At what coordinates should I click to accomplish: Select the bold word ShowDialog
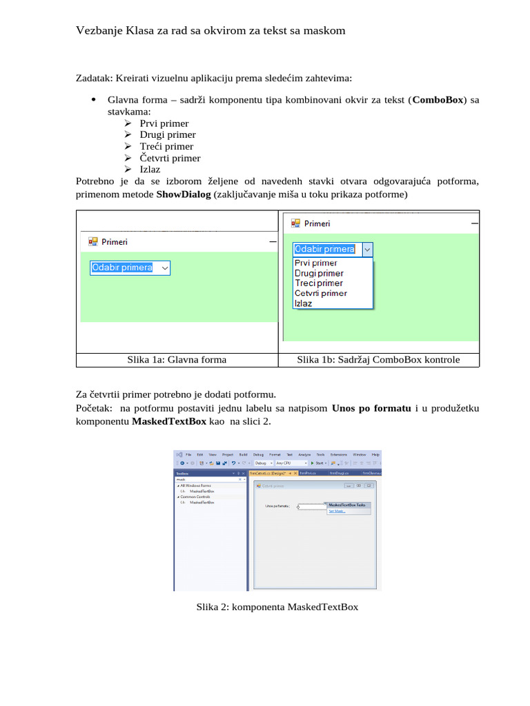[x=184, y=194]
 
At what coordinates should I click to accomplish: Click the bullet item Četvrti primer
[x=170, y=158]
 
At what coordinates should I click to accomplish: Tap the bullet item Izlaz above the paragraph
[x=150, y=170]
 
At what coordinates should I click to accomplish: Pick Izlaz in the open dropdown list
[x=303, y=303]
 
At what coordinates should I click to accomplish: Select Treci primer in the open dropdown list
[x=318, y=283]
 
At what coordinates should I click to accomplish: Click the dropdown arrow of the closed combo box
[x=164, y=268]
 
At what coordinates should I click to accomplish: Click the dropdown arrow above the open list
[x=367, y=250]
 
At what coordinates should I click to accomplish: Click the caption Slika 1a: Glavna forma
[x=177, y=359]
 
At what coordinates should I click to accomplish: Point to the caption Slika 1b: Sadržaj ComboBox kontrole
[x=378, y=359]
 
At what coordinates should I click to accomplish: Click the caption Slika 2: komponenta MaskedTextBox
[x=277, y=607]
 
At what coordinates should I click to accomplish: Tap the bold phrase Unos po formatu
[x=371, y=408]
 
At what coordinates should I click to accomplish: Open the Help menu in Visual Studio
[x=375, y=454]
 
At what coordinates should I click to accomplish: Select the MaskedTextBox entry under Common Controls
[x=202, y=503]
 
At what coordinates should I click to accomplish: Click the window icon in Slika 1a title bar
[x=93, y=242]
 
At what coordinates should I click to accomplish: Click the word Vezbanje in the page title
[x=98, y=31]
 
